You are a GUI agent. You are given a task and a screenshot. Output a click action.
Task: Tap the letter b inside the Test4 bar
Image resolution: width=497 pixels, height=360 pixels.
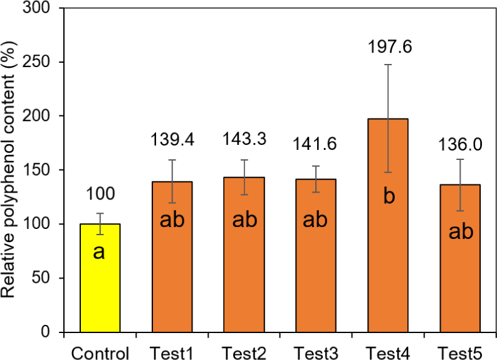389,196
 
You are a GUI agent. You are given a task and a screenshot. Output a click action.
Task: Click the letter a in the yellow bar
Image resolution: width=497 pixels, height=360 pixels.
100,252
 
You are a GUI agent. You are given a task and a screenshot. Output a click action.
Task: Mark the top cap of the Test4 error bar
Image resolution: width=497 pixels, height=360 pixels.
389,65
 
